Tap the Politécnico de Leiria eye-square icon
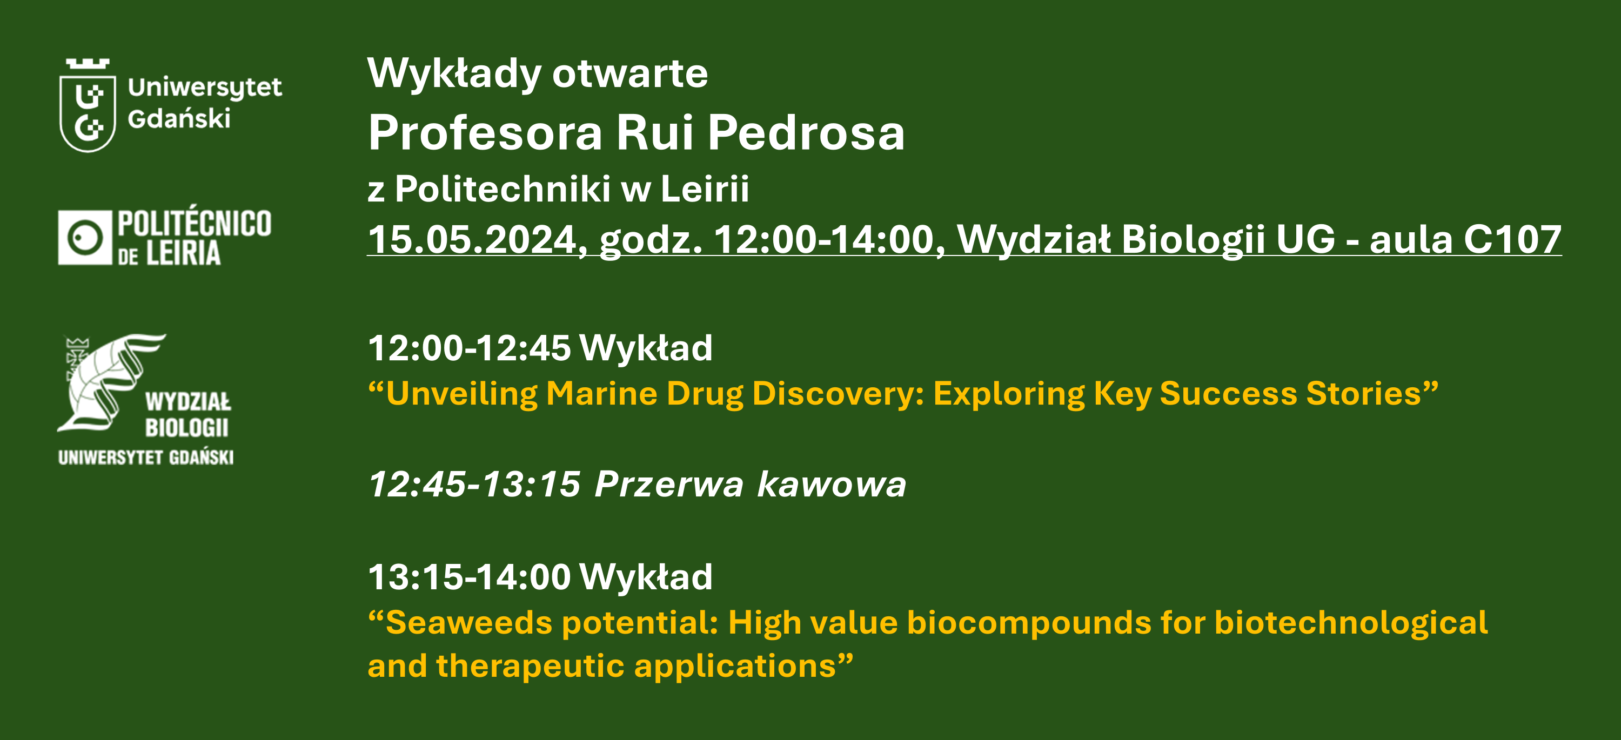[x=85, y=238]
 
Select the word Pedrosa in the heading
[x=806, y=133]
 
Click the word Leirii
[x=705, y=188]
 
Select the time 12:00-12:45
[x=470, y=348]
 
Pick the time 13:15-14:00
[x=470, y=577]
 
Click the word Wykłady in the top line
[x=454, y=73]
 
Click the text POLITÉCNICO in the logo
[x=195, y=224]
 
